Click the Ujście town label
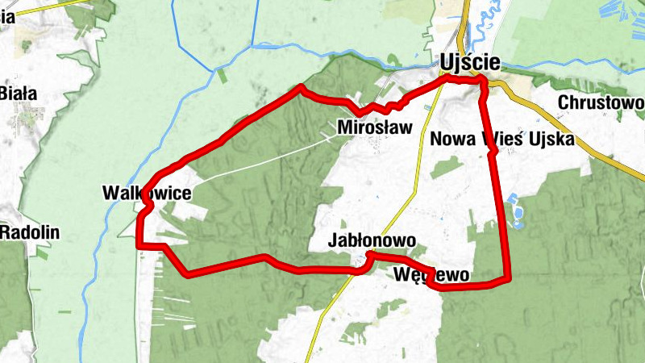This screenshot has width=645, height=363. [x=471, y=62]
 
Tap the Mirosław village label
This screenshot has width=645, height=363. [x=374, y=127]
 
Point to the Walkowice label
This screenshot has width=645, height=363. [x=147, y=193]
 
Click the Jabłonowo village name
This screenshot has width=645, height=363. [x=372, y=240]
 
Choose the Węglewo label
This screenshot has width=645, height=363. [x=432, y=274]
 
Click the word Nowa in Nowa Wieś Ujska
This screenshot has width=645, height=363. [x=450, y=139]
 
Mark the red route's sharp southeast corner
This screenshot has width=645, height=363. [x=509, y=279]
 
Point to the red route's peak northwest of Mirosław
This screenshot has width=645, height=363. [x=301, y=86]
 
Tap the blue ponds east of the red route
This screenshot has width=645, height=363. [x=517, y=214]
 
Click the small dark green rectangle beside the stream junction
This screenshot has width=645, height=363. [x=222, y=76]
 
